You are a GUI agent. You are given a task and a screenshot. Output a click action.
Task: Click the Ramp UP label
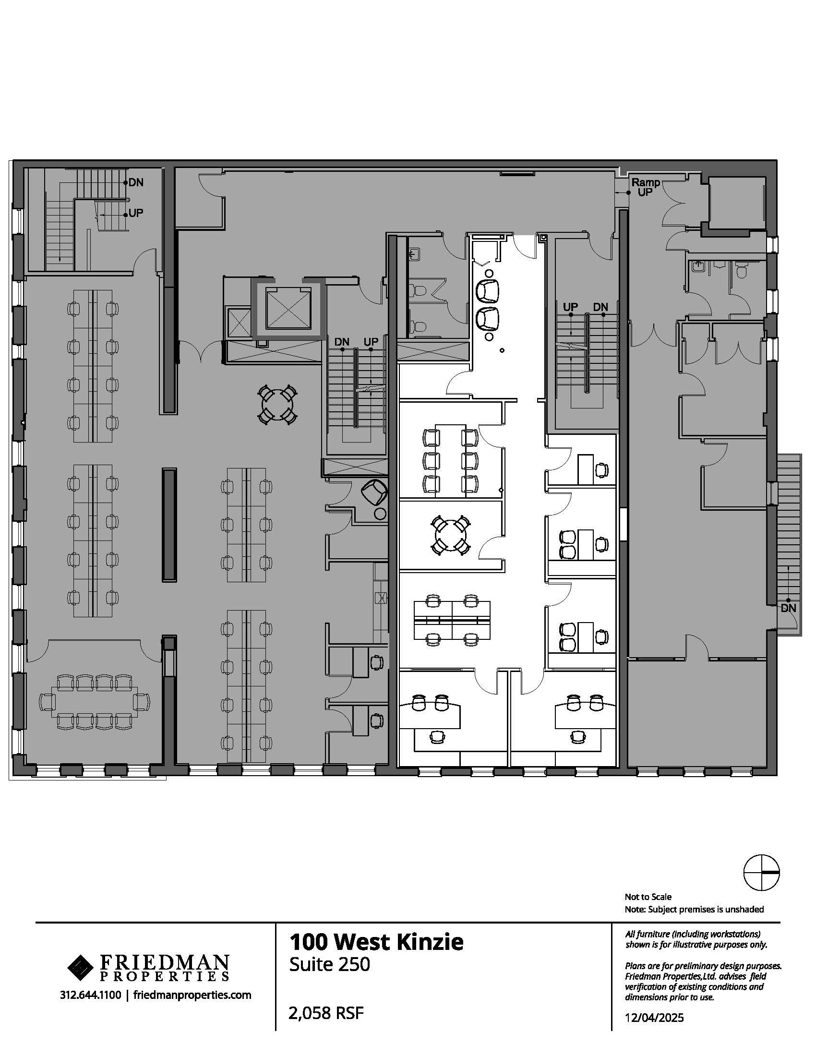click(x=645, y=187)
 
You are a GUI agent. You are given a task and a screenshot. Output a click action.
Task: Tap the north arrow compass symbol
click(x=761, y=872)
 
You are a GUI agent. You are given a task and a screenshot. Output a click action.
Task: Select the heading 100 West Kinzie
click(x=376, y=942)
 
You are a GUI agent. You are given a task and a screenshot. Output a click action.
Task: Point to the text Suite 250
click(x=330, y=964)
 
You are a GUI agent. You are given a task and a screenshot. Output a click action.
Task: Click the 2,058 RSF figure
click(x=326, y=1012)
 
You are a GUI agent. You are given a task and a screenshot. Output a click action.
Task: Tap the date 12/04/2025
click(x=655, y=1018)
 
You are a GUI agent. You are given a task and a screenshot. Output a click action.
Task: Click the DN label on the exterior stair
click(x=788, y=608)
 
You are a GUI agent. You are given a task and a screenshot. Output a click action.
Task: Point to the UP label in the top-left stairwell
click(x=136, y=213)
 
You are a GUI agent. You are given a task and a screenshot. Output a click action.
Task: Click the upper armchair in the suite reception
click(x=488, y=290)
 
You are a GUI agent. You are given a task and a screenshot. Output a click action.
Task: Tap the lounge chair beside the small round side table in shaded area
click(x=375, y=492)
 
